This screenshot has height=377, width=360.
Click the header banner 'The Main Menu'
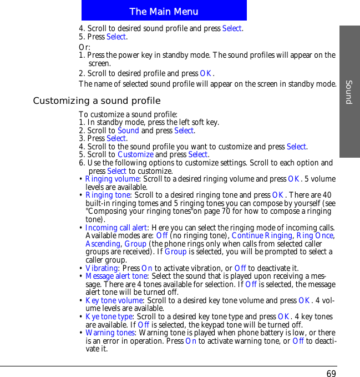tap(164, 11)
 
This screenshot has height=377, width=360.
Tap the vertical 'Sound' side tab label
tap(349, 92)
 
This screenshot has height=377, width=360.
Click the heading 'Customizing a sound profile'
tap(97, 101)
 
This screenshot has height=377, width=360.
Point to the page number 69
tap(331, 373)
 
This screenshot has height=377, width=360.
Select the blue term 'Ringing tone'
tap(108, 195)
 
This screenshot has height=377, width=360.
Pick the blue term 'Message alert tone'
tap(116, 277)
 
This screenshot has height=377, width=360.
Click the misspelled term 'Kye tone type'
tap(109, 317)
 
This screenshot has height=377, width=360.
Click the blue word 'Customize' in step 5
tap(135, 155)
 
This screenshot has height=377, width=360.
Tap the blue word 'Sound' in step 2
tap(128, 131)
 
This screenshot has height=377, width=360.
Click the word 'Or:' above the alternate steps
tap(84, 47)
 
